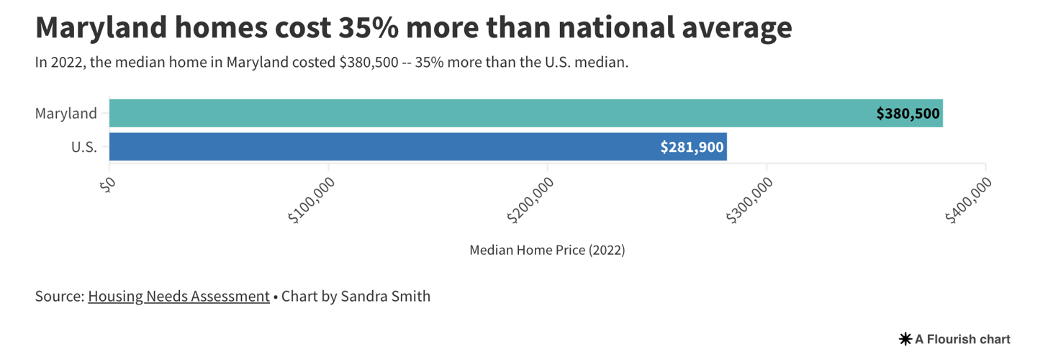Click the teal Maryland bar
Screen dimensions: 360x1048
click(x=489, y=113)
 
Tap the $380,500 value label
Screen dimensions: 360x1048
click(x=908, y=114)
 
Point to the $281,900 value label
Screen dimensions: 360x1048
click(x=692, y=147)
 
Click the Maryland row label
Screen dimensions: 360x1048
click(x=65, y=113)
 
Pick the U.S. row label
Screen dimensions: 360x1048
click(x=83, y=147)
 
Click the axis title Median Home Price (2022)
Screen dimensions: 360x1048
click(x=547, y=251)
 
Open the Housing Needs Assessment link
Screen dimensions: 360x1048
click(x=179, y=296)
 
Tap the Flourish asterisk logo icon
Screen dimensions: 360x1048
click(x=905, y=338)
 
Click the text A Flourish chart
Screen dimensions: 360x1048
click(x=963, y=338)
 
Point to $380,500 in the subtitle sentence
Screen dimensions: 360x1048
click(x=369, y=63)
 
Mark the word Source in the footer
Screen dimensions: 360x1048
click(x=58, y=296)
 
